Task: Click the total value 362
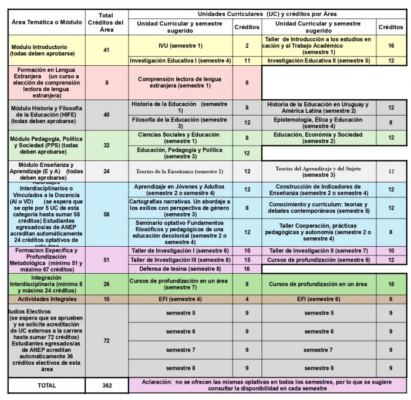click(x=106, y=385)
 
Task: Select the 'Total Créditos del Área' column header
click(x=106, y=23)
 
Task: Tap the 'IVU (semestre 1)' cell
click(x=180, y=46)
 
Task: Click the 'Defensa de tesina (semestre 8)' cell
click(x=180, y=268)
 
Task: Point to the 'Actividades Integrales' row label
click(x=46, y=299)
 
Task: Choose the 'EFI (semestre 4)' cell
click(x=180, y=299)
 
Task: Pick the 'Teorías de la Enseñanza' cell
click(x=180, y=172)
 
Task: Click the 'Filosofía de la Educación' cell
click(x=180, y=123)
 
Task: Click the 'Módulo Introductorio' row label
click(x=46, y=50)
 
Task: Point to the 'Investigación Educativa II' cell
click(x=318, y=60)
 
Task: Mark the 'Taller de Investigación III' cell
click(x=180, y=260)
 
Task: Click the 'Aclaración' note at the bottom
click(x=267, y=385)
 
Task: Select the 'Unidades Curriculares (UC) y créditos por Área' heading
click(x=267, y=13)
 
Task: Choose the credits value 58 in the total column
click(x=106, y=214)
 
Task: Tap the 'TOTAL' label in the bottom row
click(x=46, y=385)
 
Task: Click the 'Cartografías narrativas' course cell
click(x=180, y=207)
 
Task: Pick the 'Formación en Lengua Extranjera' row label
click(x=46, y=82)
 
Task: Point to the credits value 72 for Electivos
click(x=106, y=341)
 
